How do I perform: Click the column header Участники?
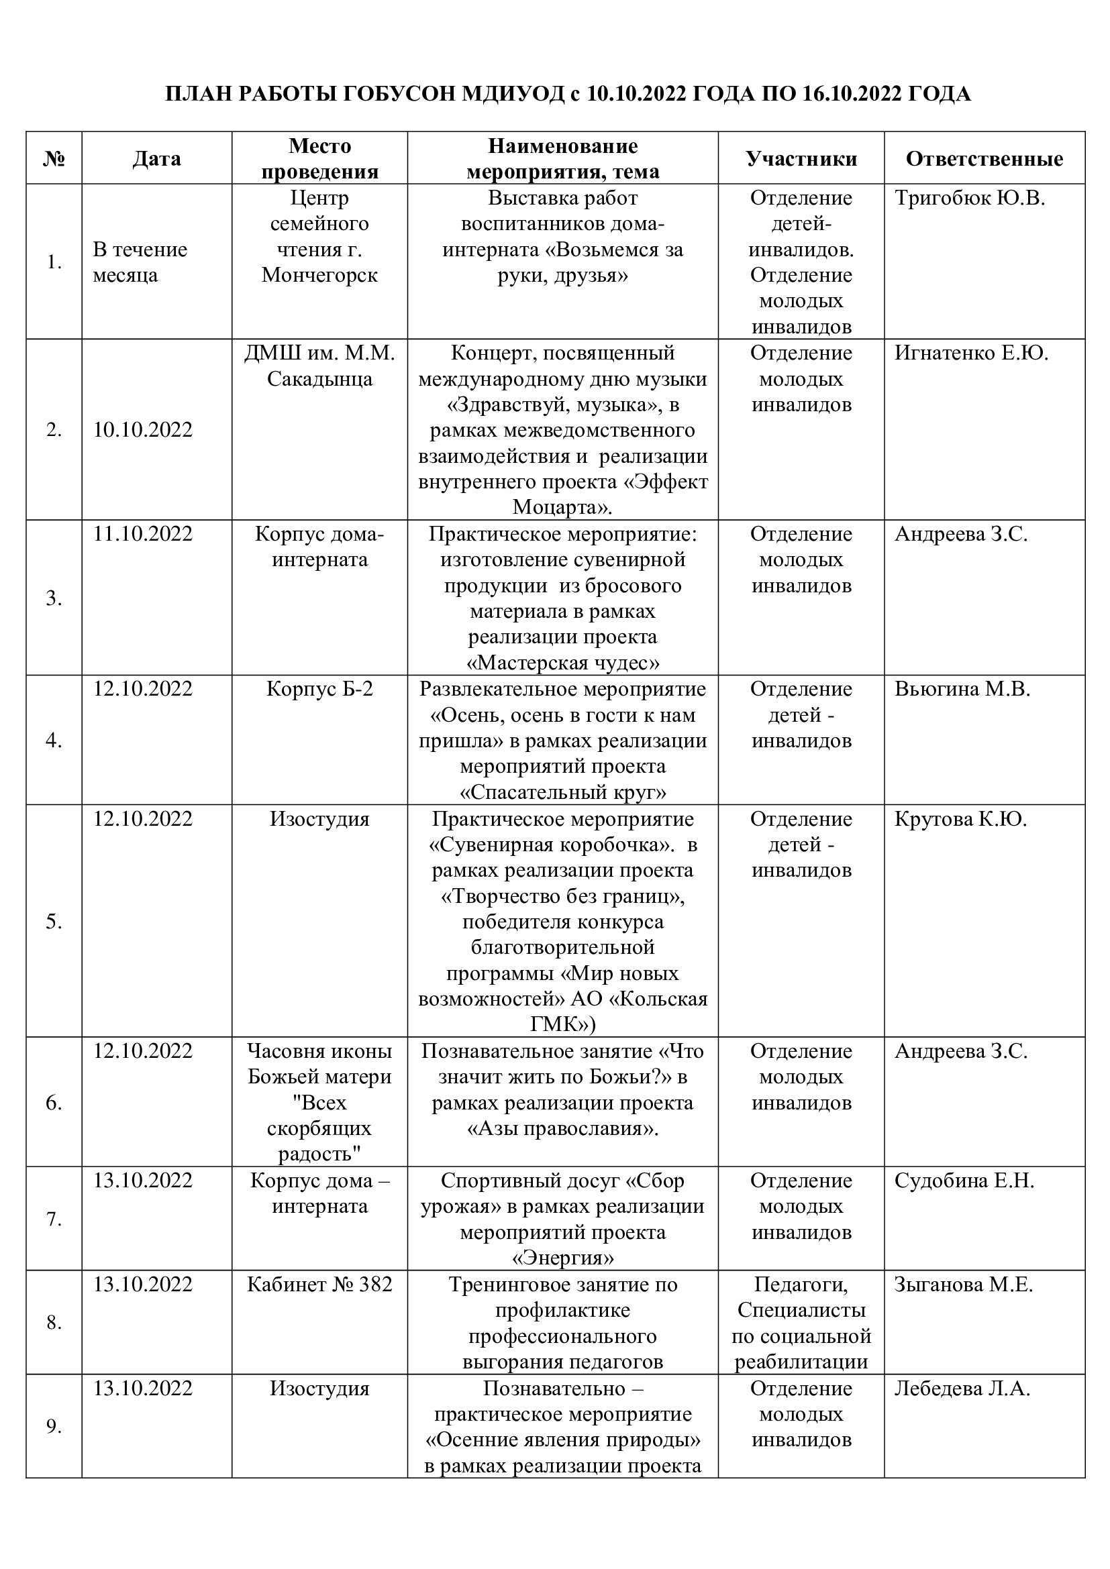(801, 158)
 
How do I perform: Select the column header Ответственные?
(985, 158)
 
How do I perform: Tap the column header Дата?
(156, 158)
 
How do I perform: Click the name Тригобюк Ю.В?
(969, 198)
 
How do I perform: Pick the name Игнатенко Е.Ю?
(970, 354)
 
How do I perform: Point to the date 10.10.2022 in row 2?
(143, 430)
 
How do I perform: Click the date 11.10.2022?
(143, 534)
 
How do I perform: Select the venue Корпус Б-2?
(319, 689)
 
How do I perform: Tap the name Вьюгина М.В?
(962, 689)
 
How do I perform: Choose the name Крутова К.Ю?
(960, 818)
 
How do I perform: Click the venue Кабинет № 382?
(319, 1284)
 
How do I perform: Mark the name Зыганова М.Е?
(963, 1284)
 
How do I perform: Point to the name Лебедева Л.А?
(962, 1388)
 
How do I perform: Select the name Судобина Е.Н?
(964, 1180)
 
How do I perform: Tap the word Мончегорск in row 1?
(319, 276)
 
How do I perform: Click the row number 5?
(54, 922)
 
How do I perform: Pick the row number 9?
(54, 1426)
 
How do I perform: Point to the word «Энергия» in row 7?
(562, 1258)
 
